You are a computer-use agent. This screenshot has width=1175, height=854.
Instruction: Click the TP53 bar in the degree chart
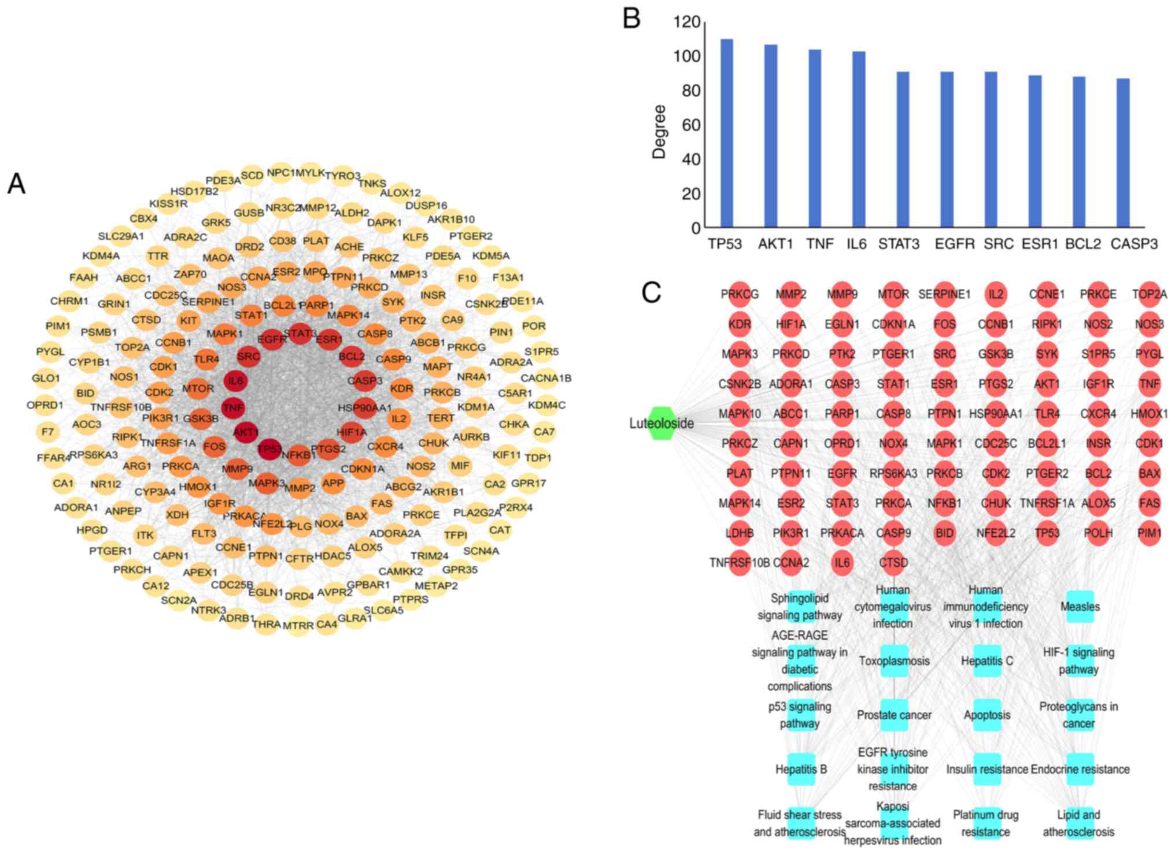[x=726, y=133]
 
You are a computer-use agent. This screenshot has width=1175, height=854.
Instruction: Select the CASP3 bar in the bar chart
[x=1123, y=153]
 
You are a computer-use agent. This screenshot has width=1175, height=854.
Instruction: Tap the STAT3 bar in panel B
[x=903, y=149]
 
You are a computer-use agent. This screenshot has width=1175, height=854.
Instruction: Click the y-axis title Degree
[x=659, y=132]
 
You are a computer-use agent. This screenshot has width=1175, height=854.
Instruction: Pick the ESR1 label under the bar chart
[x=1039, y=244]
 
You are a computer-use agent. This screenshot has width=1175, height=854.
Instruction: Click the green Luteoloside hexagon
[x=663, y=424]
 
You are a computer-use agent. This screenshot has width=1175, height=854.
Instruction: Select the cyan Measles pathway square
[x=1080, y=607]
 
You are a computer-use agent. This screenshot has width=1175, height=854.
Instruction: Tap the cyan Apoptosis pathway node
[x=987, y=715]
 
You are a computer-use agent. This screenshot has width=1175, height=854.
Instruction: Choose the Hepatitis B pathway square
[x=801, y=770]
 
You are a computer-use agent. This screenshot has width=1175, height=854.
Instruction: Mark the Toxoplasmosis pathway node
[x=894, y=661]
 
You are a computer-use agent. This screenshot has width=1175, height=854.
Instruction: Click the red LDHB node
[x=740, y=533]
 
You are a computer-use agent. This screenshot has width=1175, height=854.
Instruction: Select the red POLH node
[x=1098, y=533]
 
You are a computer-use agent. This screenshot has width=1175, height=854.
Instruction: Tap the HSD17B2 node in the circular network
[x=194, y=191]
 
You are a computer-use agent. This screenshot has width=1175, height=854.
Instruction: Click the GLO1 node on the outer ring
[x=46, y=378]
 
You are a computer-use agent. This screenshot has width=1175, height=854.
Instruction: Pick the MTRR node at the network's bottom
[x=298, y=625]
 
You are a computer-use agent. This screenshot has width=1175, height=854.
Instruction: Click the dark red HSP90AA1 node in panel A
[x=364, y=409]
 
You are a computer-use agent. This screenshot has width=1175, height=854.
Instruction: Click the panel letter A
[x=16, y=184]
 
